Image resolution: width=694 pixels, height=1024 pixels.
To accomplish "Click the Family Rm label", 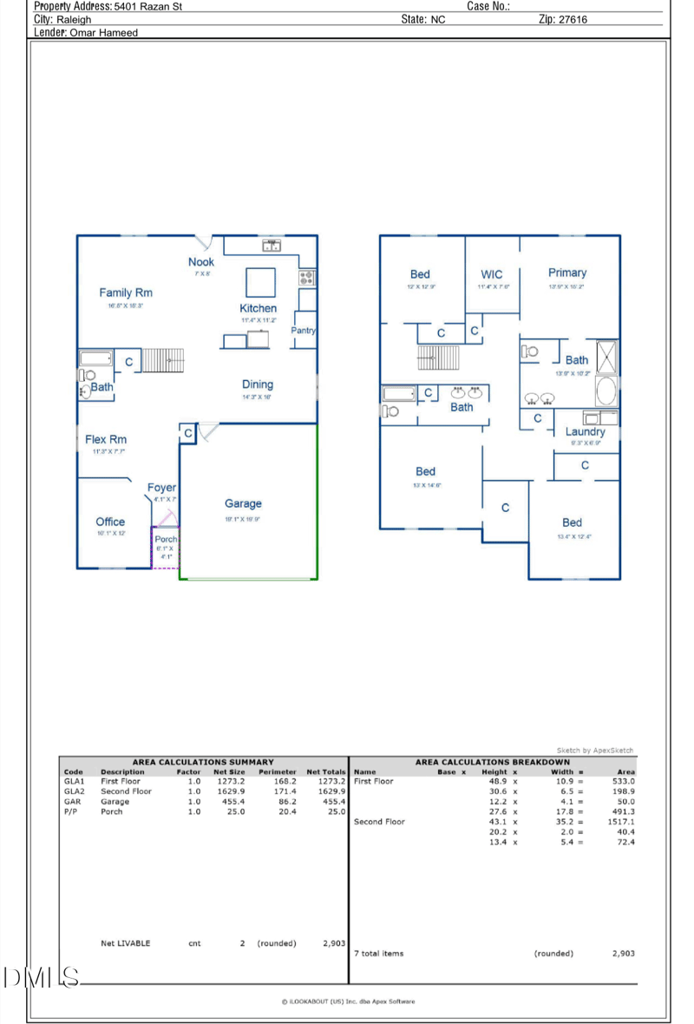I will (125, 293).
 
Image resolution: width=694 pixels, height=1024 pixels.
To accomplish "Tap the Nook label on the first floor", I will (201, 262).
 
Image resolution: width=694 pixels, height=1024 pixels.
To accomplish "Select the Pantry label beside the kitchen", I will (303, 331).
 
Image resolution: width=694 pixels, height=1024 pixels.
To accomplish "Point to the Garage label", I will (243, 503).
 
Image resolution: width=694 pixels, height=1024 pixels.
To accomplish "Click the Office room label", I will (110, 522).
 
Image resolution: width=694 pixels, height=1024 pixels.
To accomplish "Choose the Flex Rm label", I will (106, 440).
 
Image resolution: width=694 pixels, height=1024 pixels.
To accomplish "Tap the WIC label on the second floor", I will (491, 274).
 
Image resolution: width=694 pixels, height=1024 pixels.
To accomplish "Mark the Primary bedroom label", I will (567, 272).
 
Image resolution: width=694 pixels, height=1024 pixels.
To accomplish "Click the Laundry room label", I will (585, 431).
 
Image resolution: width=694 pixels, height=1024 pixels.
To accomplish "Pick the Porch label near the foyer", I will (166, 540).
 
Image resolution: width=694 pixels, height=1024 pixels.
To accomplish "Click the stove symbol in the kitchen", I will (307, 278).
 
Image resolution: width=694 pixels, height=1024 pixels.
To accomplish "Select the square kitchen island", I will (261, 282).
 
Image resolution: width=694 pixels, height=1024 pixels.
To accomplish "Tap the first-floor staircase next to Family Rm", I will (159, 361).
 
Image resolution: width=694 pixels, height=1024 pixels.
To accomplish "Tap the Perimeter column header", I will (277, 771).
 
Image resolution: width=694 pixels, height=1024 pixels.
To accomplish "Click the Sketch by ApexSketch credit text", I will (595, 751).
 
